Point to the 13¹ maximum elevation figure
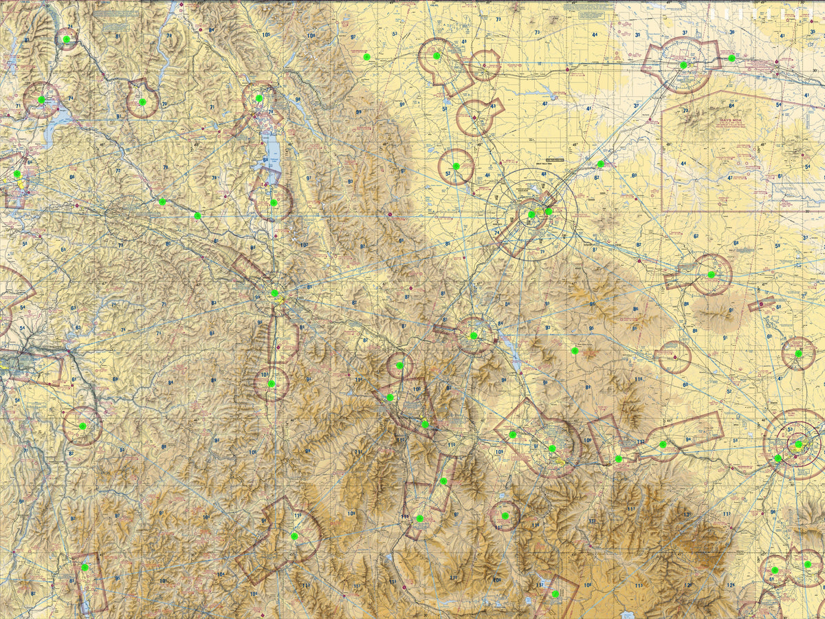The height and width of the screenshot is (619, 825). [686, 515]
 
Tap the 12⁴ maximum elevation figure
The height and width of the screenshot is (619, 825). [730, 585]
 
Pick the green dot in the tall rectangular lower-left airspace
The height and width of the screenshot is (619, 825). [85, 567]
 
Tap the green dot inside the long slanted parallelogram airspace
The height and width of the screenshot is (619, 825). [663, 444]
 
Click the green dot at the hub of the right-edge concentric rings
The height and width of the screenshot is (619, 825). [798, 444]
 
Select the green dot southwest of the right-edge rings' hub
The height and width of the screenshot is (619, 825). [778, 458]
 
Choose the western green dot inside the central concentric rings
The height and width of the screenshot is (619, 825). [531, 215]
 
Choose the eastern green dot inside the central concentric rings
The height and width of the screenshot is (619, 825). [549, 211]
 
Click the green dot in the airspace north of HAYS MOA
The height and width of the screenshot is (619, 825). [683, 65]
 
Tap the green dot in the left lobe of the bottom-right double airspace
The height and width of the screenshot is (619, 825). [775, 569]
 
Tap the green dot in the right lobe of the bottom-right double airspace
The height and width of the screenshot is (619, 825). [808, 564]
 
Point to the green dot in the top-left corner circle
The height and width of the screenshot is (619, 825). [67, 40]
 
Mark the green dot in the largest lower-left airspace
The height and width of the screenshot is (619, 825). [294, 536]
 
